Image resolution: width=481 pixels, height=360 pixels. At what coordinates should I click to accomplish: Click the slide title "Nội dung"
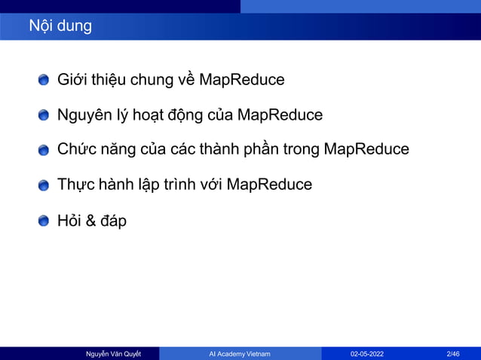point(60,26)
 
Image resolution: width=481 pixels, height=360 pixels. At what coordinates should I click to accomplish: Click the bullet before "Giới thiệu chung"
point(44,80)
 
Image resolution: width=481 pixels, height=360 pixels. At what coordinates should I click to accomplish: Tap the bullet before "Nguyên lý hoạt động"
point(44,115)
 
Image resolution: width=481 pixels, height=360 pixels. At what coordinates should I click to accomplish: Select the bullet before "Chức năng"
point(44,150)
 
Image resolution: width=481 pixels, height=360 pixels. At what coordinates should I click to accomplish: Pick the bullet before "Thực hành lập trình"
point(44,185)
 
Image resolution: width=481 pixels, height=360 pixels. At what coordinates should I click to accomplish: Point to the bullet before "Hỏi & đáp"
point(44,221)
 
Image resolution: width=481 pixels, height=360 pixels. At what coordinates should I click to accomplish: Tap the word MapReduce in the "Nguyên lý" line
point(280,114)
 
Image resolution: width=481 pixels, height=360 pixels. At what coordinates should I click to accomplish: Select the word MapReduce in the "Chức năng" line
point(366,149)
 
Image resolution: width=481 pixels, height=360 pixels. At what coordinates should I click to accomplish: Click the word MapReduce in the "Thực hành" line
point(269,185)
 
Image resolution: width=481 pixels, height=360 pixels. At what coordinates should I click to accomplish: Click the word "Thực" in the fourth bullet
point(76,185)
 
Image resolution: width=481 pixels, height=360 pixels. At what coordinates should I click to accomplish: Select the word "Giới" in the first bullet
point(73,79)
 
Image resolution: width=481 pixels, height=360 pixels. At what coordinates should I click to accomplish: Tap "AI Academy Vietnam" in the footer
point(240,353)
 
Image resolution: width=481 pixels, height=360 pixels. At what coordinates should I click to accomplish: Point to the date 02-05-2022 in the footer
point(366,353)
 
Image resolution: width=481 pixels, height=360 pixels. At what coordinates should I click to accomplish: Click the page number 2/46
point(454,353)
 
